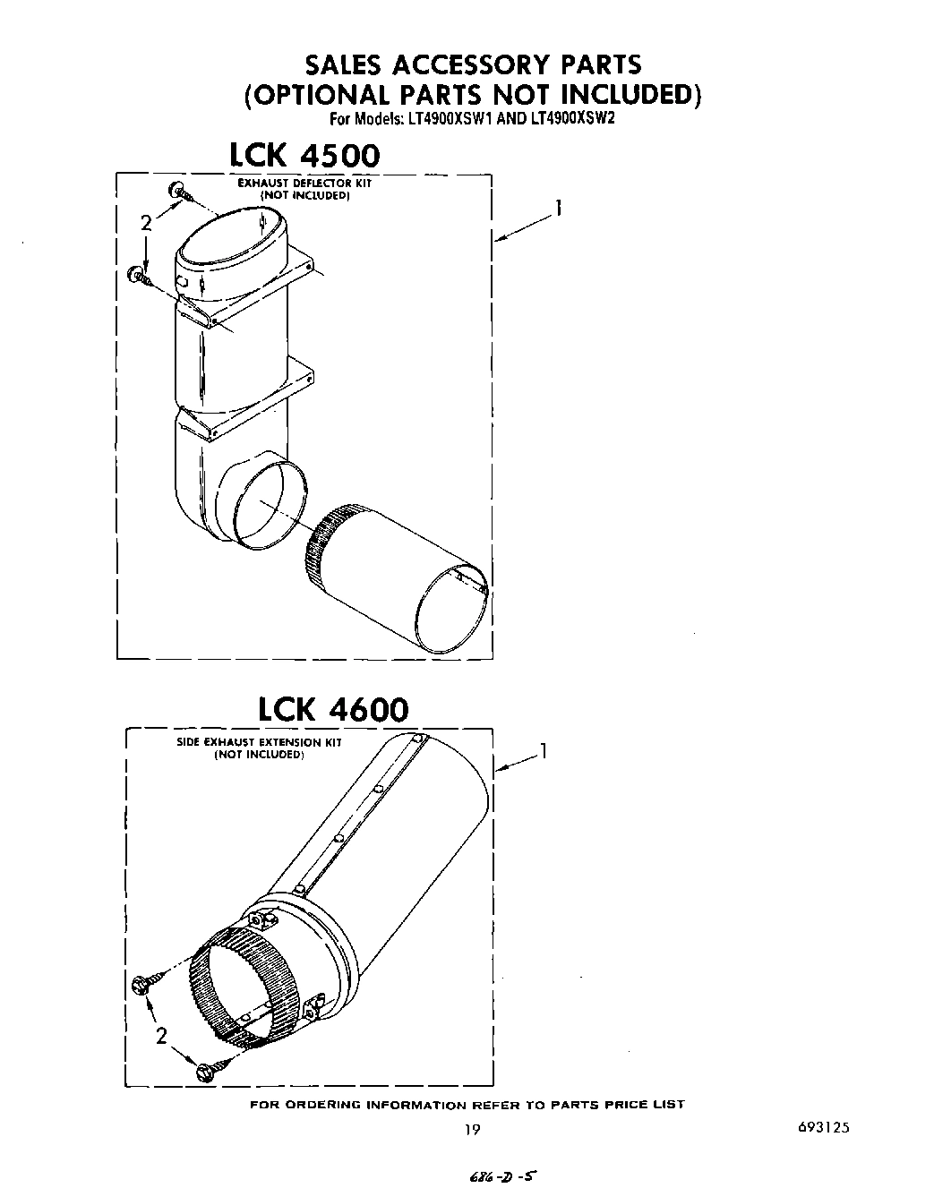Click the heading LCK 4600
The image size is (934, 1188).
[332, 709]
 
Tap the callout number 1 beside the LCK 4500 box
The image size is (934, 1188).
[557, 209]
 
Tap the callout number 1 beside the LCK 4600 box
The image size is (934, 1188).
[542, 752]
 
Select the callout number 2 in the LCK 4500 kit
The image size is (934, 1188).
[146, 224]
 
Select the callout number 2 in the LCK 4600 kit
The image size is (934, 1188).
[161, 1037]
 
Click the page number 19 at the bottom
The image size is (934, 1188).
[472, 1129]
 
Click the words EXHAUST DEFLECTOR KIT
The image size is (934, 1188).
[304, 183]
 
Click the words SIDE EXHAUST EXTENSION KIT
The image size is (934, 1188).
[259, 742]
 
